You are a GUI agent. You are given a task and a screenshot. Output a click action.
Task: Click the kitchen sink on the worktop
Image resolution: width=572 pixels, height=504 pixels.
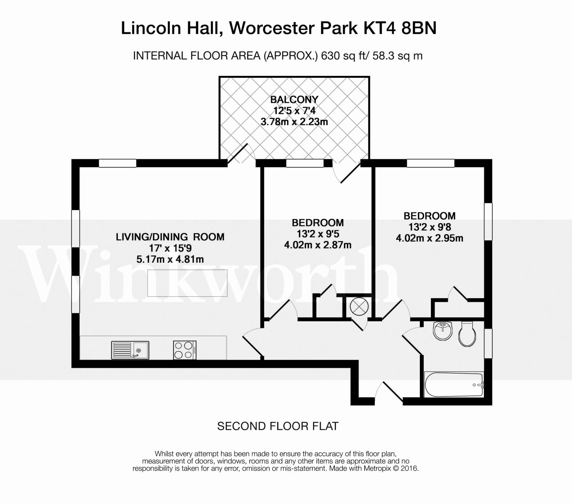coord(130,350)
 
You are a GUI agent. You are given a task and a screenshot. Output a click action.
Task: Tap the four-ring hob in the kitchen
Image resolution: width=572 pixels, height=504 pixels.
coord(185,350)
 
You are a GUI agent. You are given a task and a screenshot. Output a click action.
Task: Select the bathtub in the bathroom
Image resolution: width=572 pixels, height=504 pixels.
coord(454,385)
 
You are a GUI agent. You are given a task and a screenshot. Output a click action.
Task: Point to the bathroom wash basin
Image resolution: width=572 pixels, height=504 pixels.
coord(443,331)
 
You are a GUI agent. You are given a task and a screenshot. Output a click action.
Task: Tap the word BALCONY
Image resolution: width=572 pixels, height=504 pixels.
coord(294,100)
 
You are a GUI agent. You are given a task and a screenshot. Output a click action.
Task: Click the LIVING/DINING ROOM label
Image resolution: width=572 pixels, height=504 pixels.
coord(170,237)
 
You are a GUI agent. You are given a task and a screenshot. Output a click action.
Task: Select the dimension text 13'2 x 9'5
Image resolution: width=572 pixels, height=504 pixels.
coord(318,234)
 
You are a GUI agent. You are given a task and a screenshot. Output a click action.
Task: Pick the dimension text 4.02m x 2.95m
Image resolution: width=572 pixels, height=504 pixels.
coord(429,238)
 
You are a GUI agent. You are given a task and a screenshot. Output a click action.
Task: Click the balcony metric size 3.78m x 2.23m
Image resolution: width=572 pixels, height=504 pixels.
coord(294,122)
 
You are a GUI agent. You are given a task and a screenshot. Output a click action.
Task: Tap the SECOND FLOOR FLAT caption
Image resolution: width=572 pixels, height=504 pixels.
coord(278,426)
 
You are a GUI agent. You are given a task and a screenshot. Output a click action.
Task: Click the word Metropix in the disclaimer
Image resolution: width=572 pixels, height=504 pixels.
coord(377,468)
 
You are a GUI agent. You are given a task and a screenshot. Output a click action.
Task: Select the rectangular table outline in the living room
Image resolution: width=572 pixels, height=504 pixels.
coord(187,283)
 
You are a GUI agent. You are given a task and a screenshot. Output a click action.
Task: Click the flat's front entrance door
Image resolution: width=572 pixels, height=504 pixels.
coord(389,393)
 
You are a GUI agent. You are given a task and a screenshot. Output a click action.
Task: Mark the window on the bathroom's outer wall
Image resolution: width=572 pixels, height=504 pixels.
coord(488,343)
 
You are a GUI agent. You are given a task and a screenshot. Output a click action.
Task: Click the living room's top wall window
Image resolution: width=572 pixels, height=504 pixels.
coord(117,163)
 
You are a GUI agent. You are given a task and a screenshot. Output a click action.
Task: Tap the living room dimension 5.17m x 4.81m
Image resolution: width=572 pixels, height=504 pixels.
coord(170,260)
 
